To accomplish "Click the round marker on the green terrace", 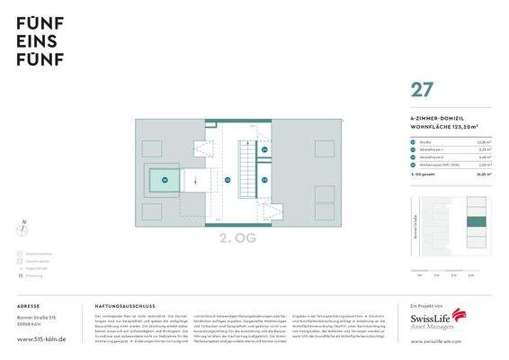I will pos(164,180).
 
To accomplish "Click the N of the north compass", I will pos(24,221).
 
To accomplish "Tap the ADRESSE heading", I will pos(29,306).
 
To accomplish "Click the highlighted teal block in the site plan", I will pos(477,223).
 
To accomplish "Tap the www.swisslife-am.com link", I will pos(437,342).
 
